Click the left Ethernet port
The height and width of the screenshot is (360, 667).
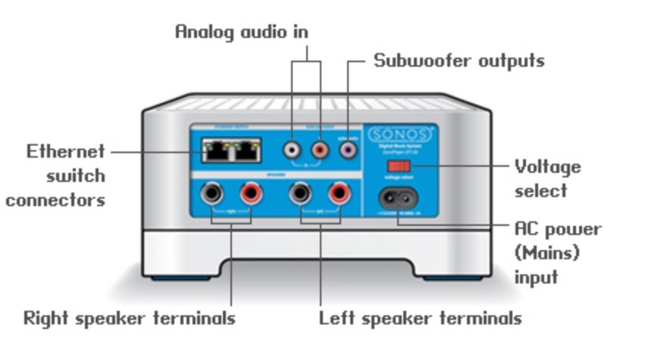coord(219,151)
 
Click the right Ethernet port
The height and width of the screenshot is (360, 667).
coord(248,151)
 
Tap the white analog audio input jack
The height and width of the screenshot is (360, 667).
coord(292,152)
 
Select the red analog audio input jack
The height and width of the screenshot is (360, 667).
coord(320,152)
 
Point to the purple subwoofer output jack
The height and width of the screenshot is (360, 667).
coord(348,152)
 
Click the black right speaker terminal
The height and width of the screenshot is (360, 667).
coord(211,194)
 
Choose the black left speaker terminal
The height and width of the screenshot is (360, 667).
coord(300,194)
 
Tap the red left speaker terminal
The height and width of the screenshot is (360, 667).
coord(337,194)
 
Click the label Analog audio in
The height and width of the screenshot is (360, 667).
coord(242,32)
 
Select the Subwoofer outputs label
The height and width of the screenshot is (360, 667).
coord(459,61)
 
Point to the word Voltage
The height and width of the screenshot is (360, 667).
coord(547,166)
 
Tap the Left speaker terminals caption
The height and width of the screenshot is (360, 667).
coord(420,318)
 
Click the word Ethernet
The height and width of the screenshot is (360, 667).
coord(66,152)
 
